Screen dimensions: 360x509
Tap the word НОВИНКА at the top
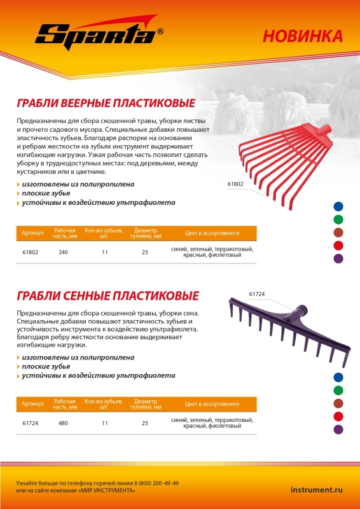(302, 36)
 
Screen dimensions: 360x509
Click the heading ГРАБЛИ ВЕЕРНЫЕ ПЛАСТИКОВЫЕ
(105, 103)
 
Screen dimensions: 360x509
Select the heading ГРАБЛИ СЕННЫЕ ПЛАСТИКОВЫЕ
(107, 296)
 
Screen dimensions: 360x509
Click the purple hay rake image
(286, 331)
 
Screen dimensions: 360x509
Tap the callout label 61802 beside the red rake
(235, 184)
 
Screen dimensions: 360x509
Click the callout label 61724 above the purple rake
(256, 294)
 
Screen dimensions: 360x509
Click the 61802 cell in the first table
(31, 253)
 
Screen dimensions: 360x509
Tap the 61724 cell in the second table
(31, 423)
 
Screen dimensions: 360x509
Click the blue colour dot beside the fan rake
(338, 206)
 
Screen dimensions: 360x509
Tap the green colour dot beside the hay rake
(338, 390)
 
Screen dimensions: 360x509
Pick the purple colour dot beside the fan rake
(338, 259)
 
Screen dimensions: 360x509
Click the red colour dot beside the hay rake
(338, 417)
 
